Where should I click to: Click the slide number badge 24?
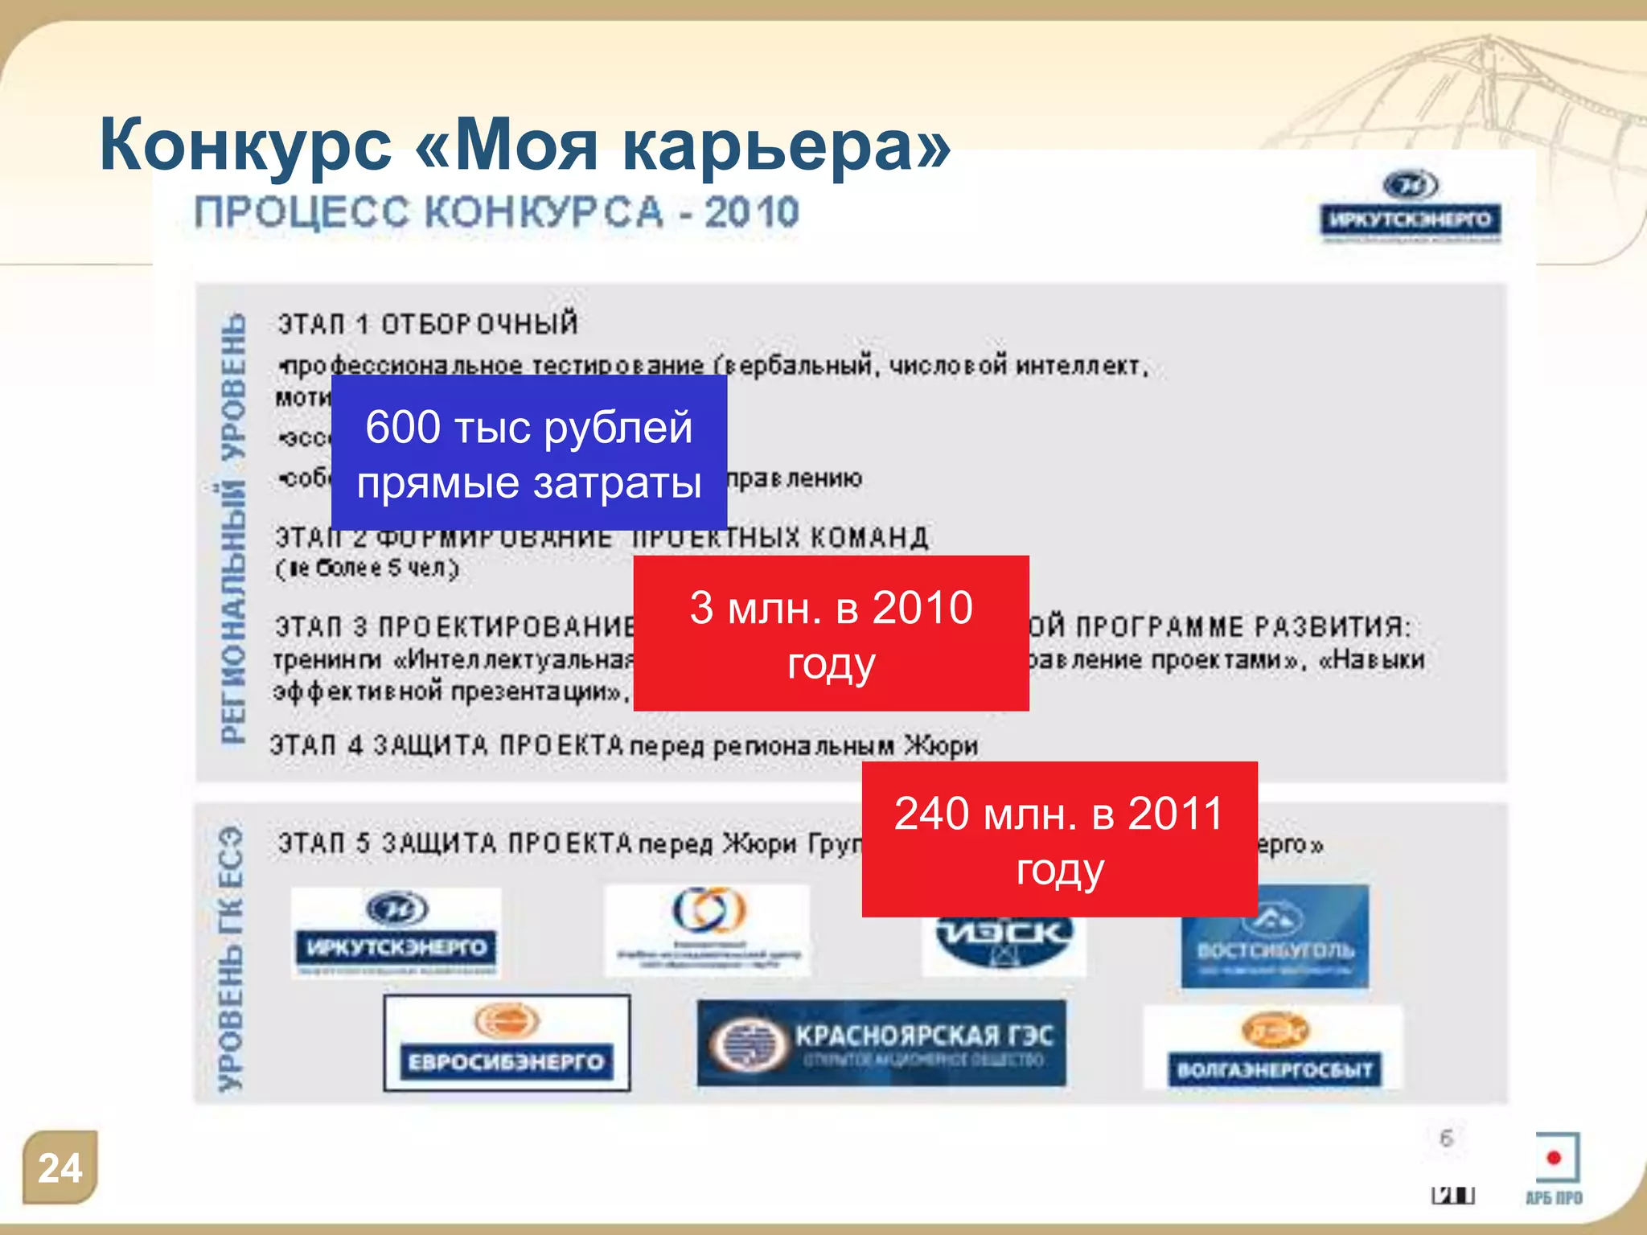pos(60,1167)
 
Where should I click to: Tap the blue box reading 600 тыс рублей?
pos(529,453)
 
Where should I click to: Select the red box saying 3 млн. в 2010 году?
pos(831,634)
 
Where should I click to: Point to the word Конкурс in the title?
pos(245,145)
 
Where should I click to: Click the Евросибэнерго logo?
pos(507,1043)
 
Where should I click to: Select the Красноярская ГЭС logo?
pos(881,1044)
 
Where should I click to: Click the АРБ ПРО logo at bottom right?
pos(1555,1170)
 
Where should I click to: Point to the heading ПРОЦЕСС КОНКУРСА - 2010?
pos(496,213)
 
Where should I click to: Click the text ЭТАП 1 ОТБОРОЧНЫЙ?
pos(428,324)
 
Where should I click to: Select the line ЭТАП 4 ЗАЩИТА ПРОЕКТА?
pos(623,745)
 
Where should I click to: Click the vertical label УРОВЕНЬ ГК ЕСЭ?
pos(231,957)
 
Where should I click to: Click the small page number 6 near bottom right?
pos(1446,1138)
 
